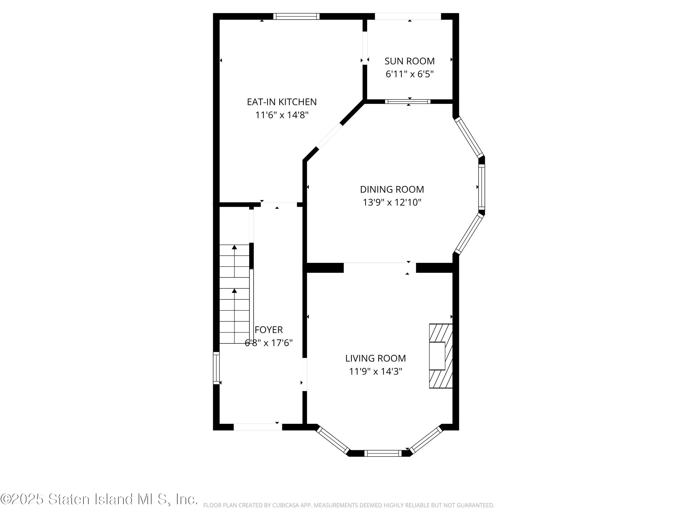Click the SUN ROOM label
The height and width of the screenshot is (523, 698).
click(x=409, y=61)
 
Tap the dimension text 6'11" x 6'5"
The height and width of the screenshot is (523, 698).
click(x=409, y=74)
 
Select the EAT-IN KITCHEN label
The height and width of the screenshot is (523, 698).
click(x=282, y=102)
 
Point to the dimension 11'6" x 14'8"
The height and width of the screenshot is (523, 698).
click(x=282, y=115)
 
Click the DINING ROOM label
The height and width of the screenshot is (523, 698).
click(x=392, y=189)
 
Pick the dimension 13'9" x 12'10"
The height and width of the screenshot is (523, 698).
click(x=392, y=202)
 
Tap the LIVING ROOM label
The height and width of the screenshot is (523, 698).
click(x=375, y=358)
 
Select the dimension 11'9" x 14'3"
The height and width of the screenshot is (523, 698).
click(x=375, y=372)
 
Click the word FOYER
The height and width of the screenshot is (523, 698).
click(x=268, y=330)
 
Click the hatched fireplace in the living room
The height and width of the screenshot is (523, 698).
click(x=440, y=356)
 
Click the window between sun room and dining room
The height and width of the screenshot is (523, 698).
click(x=407, y=102)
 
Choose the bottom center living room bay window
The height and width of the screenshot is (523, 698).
click(x=383, y=453)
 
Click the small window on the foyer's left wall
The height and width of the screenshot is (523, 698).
click(x=216, y=368)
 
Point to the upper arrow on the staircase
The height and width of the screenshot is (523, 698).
click(x=234, y=248)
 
